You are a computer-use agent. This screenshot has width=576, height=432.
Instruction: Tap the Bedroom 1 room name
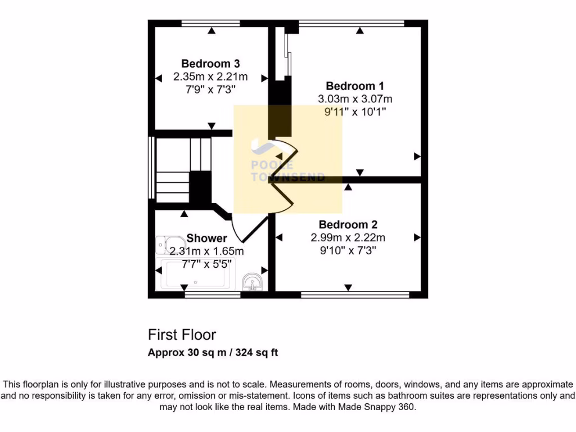tap(355, 86)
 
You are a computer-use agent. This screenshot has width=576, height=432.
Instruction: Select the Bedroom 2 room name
tap(348, 224)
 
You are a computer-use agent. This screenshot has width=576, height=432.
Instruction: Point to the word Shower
tap(206, 238)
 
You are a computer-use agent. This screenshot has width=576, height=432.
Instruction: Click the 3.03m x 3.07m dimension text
tap(355, 99)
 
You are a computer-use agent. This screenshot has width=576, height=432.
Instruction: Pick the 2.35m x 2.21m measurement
tap(211, 76)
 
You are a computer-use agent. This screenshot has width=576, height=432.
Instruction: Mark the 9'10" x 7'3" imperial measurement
tap(348, 250)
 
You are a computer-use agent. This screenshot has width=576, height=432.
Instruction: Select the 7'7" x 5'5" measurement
tap(206, 263)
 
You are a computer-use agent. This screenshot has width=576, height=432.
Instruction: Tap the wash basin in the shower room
tap(253, 281)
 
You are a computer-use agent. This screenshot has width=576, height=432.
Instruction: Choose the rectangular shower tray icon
tap(194, 274)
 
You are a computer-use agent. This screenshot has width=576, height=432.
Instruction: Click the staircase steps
tap(180, 169)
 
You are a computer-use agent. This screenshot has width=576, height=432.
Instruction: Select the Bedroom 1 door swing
tap(287, 152)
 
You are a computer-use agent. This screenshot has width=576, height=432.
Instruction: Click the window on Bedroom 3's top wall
tap(211, 24)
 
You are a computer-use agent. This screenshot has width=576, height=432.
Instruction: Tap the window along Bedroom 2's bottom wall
tap(354, 294)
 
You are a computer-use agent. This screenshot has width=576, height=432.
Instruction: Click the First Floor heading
tap(182, 335)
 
